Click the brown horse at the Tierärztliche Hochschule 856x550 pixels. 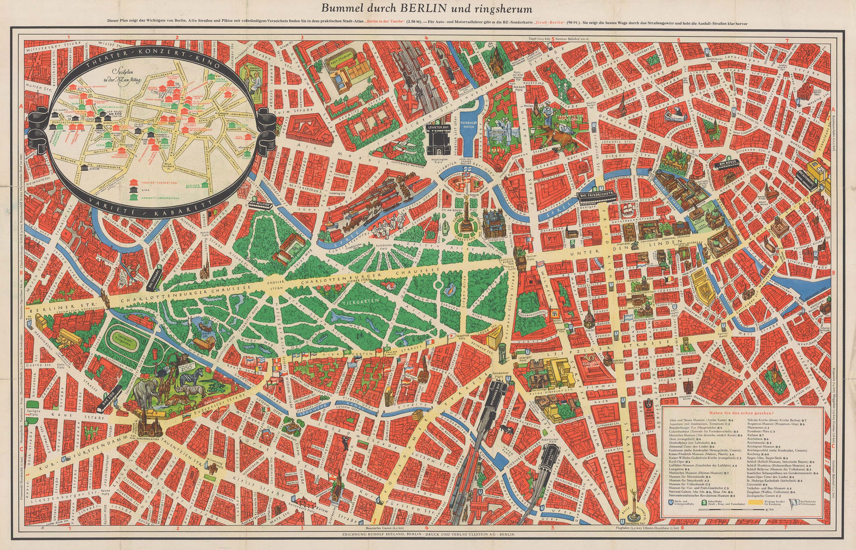click(x=556, y=137)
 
